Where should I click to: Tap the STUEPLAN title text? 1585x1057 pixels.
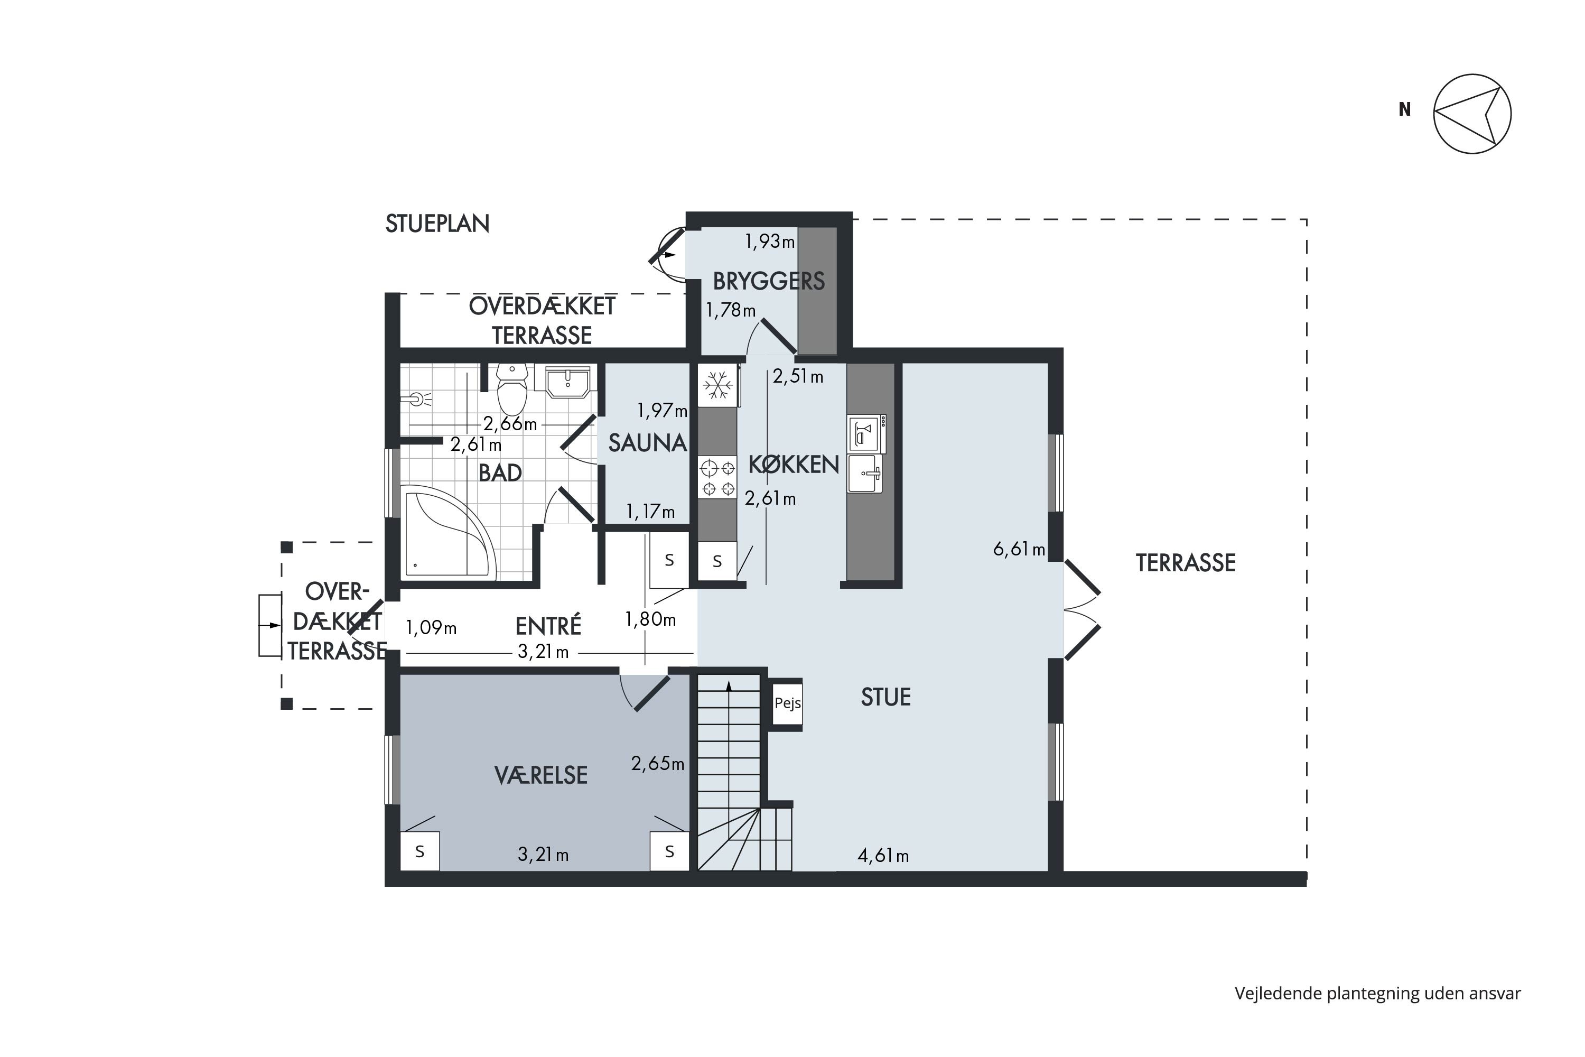437,224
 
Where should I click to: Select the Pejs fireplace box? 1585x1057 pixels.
787,703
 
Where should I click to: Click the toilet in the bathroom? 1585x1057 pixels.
512,390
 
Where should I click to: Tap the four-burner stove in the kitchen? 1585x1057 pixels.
717,477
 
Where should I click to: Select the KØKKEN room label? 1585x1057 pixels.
794,465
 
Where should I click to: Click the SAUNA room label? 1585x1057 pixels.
648,443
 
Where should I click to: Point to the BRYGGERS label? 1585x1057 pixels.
769,281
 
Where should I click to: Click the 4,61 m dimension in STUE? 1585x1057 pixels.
883,856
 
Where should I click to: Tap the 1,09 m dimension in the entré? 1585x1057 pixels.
431,628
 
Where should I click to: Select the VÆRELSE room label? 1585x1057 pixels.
541,775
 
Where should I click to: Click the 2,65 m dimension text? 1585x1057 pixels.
658,763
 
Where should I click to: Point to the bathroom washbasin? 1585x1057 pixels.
568,382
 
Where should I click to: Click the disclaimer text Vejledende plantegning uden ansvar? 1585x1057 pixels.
1377,993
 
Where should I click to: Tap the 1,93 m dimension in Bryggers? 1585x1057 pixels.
770,242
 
